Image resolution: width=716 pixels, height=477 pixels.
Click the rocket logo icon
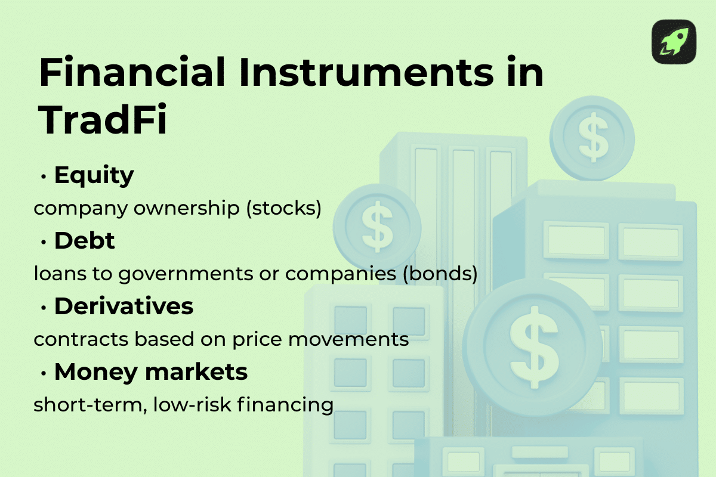click(674, 42)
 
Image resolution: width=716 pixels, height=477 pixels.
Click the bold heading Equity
click(94, 176)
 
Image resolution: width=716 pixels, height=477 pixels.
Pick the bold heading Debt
click(84, 241)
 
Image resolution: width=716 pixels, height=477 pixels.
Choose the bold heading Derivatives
click(124, 306)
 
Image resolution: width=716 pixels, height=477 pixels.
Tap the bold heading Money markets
click(150, 372)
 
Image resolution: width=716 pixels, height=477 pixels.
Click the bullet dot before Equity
click(44, 177)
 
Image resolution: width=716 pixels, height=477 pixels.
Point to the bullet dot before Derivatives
click(44, 308)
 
